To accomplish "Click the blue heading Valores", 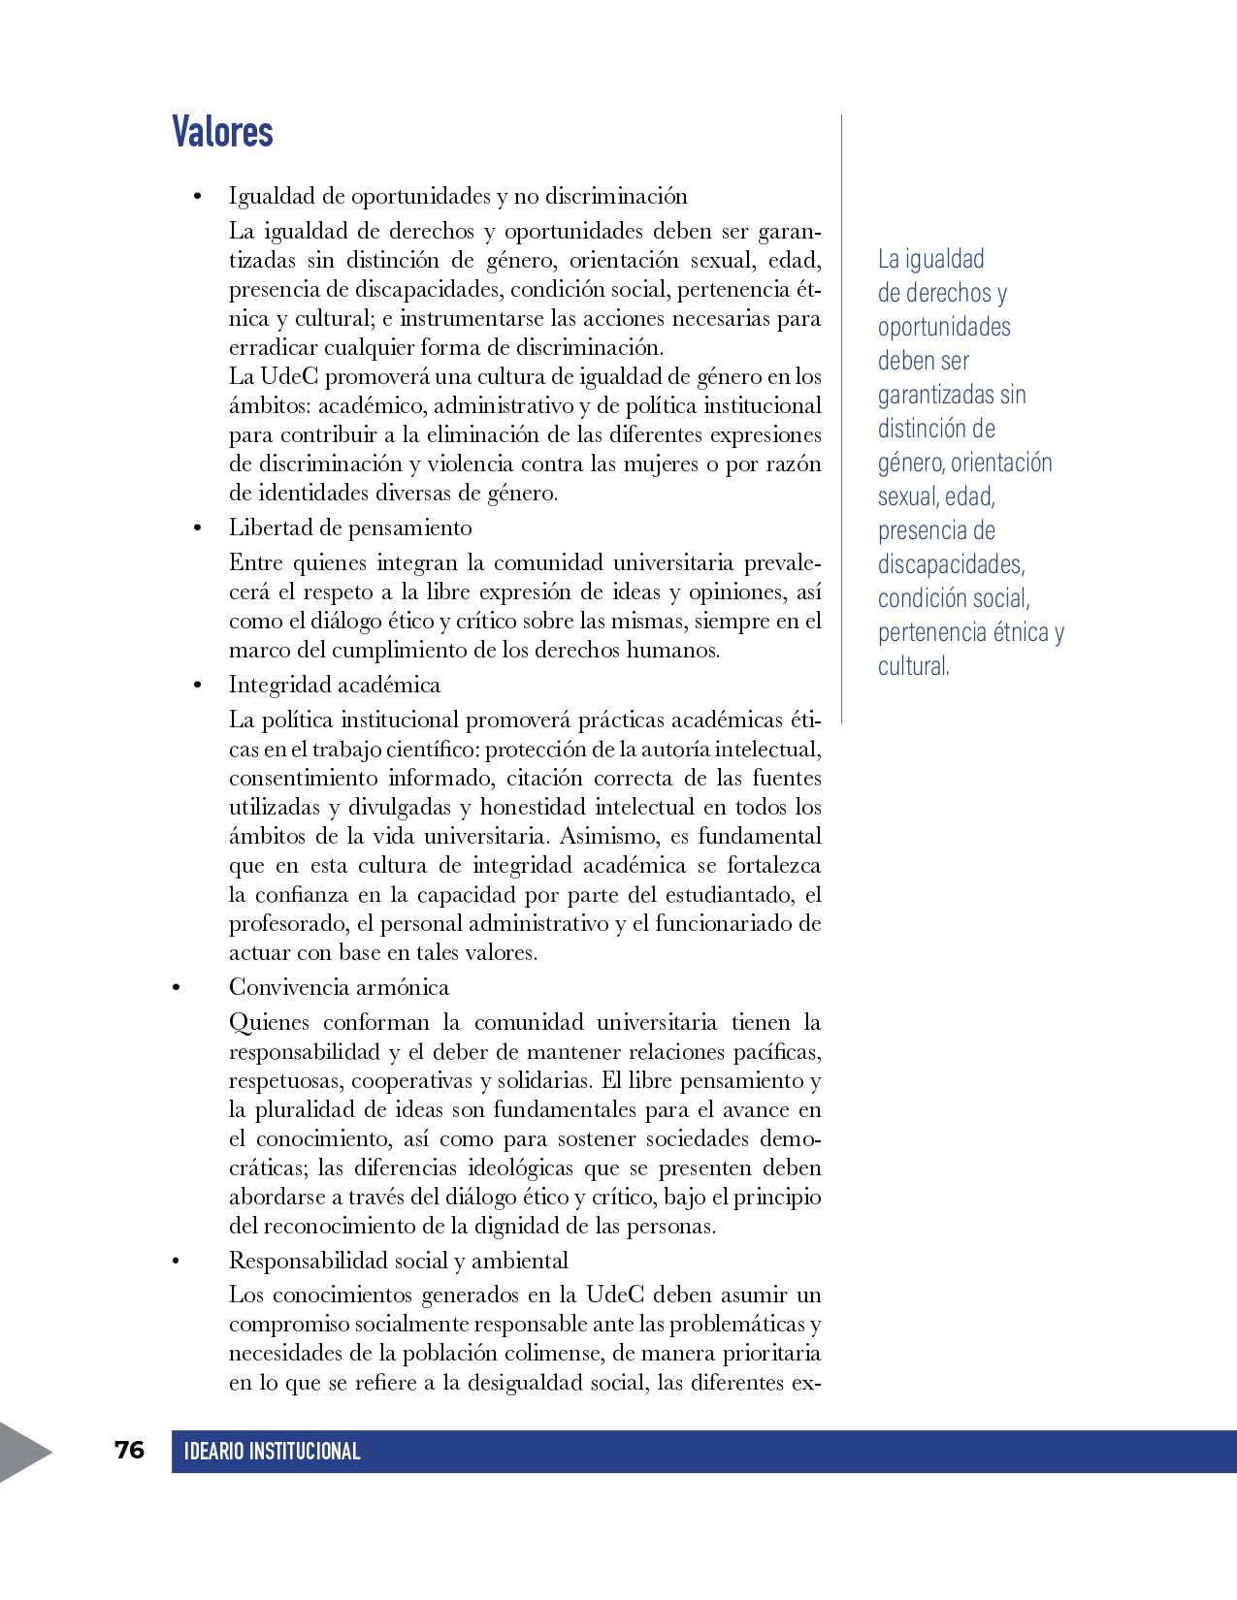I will click(222, 132).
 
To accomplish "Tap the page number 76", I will click(129, 1450).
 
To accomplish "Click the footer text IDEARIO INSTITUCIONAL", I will click(272, 1452).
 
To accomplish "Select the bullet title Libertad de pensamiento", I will click(350, 528).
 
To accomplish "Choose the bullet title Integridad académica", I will click(335, 685).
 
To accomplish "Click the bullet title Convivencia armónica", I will click(339, 987).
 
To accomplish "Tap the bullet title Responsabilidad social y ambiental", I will click(398, 1261).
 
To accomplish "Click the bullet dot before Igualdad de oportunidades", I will click(198, 197).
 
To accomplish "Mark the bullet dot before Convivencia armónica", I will click(176, 988).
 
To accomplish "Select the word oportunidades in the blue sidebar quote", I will click(944, 328).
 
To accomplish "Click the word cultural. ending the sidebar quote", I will click(913, 667).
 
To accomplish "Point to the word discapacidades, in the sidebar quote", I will click(951, 565).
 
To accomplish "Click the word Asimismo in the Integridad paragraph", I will click(608, 836).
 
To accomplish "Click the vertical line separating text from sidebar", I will click(841, 417).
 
